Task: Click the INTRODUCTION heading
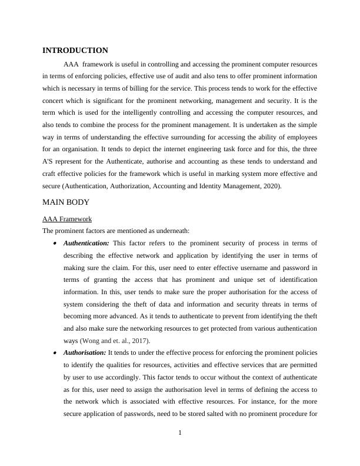[x=75, y=51]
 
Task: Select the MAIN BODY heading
[x=66, y=202]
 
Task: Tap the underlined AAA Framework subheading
[x=67, y=218]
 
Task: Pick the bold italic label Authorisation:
[x=85, y=352]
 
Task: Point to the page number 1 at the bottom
[x=180, y=433]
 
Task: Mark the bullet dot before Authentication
[x=55, y=243]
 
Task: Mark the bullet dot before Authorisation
[x=55, y=352]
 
